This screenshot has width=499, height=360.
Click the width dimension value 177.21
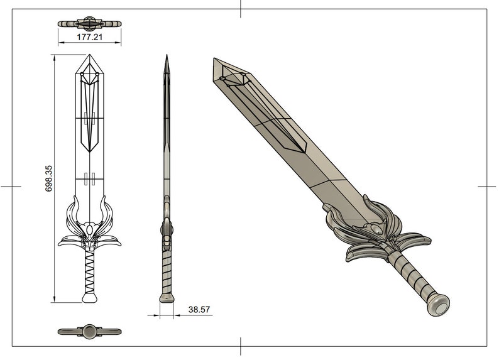point(90,38)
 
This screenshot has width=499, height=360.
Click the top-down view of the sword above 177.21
point(90,24)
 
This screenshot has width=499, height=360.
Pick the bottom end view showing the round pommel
point(90,330)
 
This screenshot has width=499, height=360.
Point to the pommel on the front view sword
point(90,297)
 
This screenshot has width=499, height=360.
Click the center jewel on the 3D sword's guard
point(376,231)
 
